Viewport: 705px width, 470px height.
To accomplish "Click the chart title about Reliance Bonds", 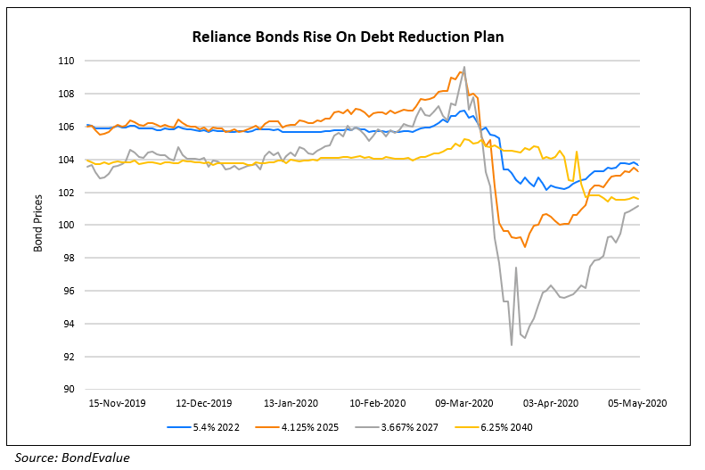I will click(x=352, y=38).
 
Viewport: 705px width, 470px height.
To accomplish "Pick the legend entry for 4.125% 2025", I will click(x=308, y=426).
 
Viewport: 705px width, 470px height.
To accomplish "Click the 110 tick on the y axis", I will click(x=66, y=62).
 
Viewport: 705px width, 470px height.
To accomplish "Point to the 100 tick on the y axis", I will click(x=66, y=226).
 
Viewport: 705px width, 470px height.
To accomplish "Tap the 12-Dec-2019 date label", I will click(x=204, y=402).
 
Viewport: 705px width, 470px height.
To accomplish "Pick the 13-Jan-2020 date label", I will click(x=295, y=402).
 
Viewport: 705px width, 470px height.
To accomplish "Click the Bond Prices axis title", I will click(x=38, y=226).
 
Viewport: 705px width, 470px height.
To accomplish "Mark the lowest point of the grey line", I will click(x=512, y=345).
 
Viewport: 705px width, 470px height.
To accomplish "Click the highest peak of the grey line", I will click(x=464, y=67).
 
